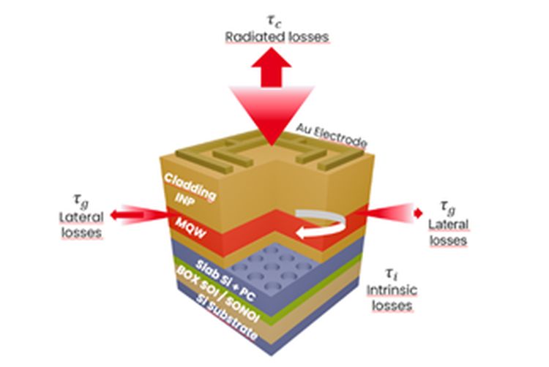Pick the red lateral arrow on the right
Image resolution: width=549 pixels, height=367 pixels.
pos(395,213)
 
